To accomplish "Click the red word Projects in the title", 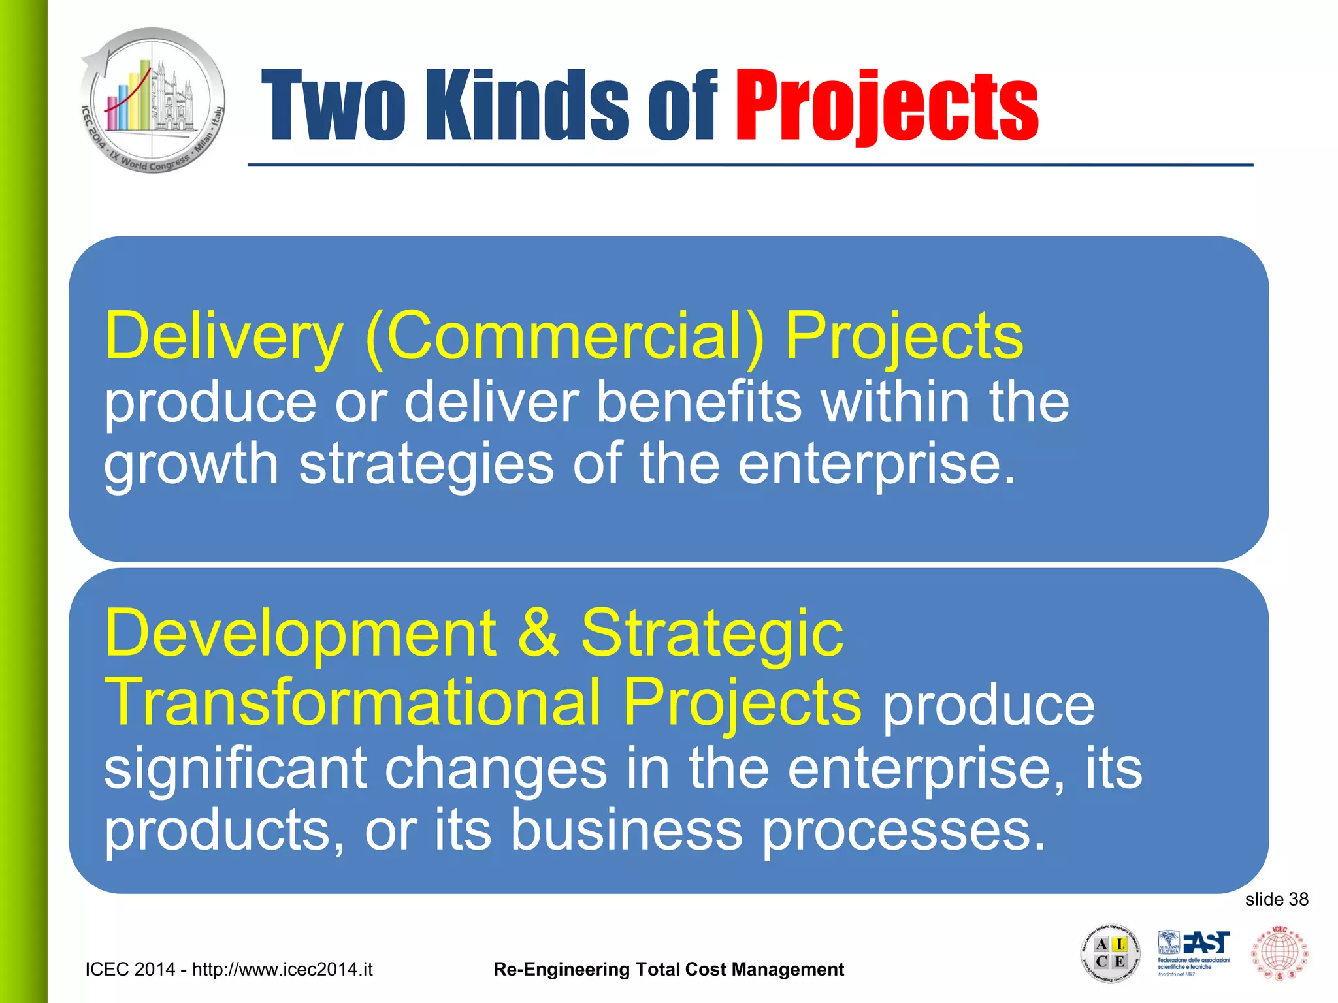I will (887, 106).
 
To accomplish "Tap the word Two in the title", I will (334, 106).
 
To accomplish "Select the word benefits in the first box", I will (698, 402).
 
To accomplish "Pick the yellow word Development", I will (300, 633).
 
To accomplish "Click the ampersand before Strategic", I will (538, 633).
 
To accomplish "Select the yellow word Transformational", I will (353, 702).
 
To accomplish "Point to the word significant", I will (235, 769).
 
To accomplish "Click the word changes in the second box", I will (496, 769).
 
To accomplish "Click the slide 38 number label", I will (1276, 900).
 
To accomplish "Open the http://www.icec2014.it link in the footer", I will (282, 970).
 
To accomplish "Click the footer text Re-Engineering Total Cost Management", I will (668, 970).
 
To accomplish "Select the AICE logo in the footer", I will (1110, 954).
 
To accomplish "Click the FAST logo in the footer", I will (1194, 953).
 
